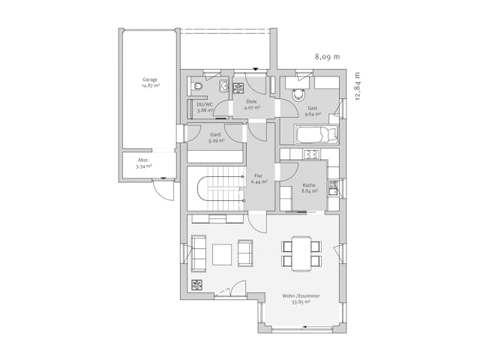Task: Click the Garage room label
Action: coord(150,82)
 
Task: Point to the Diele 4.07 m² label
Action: coord(251,104)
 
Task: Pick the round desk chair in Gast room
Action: coord(300,94)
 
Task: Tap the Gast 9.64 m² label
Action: coord(312,111)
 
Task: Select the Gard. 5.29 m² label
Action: coord(215,137)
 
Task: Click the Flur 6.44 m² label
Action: coord(259,178)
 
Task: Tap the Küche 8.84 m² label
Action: coord(310,187)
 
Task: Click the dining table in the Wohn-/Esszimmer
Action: coord(301,253)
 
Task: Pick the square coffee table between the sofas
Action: coord(222,255)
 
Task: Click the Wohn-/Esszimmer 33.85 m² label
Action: coord(301,299)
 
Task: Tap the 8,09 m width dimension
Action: coord(327,56)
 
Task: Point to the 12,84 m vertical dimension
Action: coord(358,90)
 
